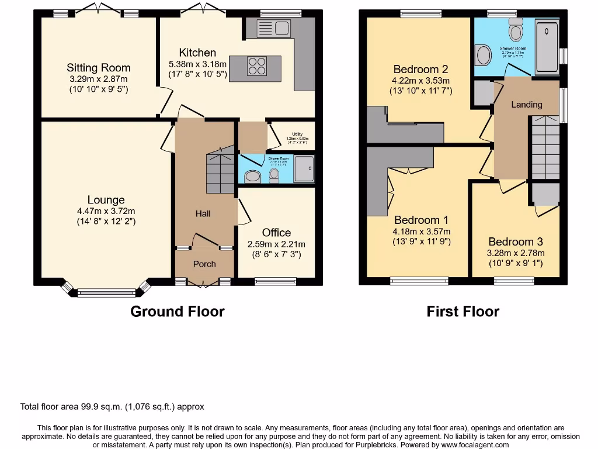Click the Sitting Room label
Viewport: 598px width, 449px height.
(98, 68)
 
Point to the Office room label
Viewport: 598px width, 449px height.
(276, 233)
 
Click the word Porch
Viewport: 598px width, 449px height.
(204, 264)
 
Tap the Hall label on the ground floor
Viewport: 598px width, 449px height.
(203, 214)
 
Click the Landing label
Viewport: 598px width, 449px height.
(526, 105)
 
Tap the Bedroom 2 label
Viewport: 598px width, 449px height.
(420, 69)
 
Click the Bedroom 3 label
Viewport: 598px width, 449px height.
(516, 241)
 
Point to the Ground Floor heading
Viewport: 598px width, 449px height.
(177, 312)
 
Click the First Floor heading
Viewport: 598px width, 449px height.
(463, 312)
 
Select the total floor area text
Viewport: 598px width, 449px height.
(112, 407)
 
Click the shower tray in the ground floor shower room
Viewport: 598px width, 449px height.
(304, 169)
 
